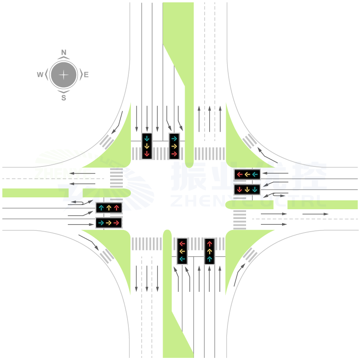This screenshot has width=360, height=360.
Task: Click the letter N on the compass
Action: pyautogui.click(x=64, y=53)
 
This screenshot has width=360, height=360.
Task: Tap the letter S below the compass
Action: pyautogui.click(x=64, y=98)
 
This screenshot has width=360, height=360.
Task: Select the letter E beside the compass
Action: pyautogui.click(x=86, y=75)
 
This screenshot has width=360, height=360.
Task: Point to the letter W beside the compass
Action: pyautogui.click(x=40, y=75)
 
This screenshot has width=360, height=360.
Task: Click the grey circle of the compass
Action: pyautogui.click(x=64, y=75)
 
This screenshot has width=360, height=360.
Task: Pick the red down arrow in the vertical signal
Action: pyautogui.click(x=147, y=153)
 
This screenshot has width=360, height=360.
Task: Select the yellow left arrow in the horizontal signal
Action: pyautogui.click(x=247, y=174)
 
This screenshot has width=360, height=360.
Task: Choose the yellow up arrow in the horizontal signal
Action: pyautogui.click(x=109, y=208)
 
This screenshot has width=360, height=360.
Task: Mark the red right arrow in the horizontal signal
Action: pyautogui.click(x=116, y=222)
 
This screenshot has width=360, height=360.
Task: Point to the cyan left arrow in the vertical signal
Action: pyautogui.click(x=183, y=259)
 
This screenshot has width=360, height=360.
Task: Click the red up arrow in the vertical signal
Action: pyautogui.click(x=209, y=244)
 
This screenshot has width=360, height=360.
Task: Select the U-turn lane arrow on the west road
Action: pyautogui.click(x=80, y=203)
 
